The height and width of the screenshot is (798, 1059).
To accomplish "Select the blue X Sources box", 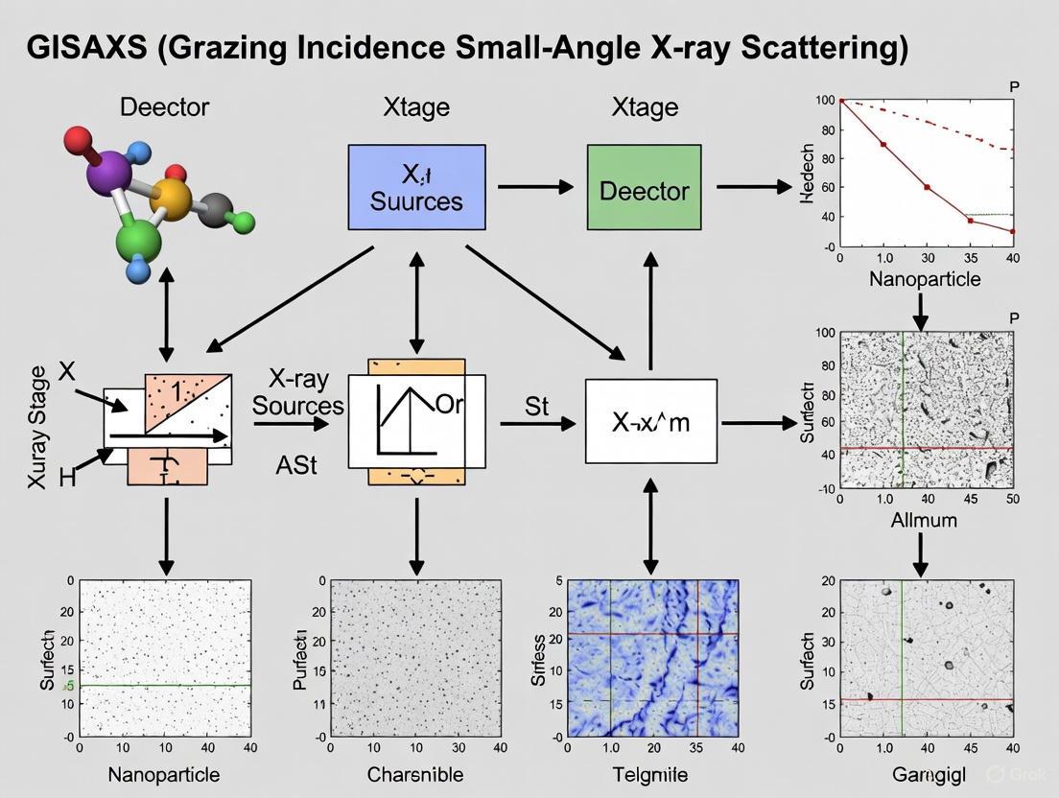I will click(416, 187).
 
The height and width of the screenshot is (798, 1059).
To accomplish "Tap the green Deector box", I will click(644, 188).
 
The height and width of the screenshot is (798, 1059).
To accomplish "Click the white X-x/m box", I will click(651, 421).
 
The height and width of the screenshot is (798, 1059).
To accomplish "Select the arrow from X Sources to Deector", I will click(535, 187).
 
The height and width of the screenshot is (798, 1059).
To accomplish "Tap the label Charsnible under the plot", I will click(414, 774).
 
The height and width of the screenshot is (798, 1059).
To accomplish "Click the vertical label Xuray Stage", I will click(37, 427).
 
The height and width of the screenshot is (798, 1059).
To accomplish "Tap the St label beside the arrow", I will click(537, 407).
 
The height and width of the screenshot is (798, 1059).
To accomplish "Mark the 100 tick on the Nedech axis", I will click(824, 101).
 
